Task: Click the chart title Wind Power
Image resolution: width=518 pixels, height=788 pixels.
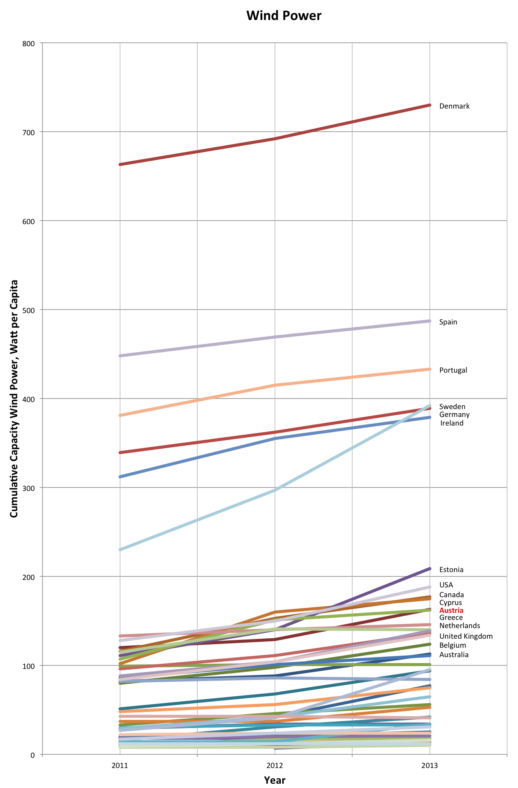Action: click(x=284, y=16)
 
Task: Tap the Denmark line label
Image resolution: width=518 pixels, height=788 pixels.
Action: click(x=454, y=106)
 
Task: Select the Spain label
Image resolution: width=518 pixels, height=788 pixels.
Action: click(x=448, y=322)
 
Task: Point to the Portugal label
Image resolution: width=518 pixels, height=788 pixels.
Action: click(x=453, y=370)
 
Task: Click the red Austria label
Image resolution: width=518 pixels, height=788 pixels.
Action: click(x=451, y=610)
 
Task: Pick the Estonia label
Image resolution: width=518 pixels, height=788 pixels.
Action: click(x=451, y=570)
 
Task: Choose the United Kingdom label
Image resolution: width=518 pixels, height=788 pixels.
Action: click(x=465, y=636)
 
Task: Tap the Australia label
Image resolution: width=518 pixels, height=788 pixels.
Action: click(x=454, y=655)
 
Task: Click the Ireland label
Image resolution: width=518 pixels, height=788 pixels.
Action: click(x=452, y=423)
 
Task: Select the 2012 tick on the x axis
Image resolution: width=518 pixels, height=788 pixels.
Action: click(x=274, y=765)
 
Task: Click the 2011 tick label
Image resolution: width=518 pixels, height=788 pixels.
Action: click(x=120, y=765)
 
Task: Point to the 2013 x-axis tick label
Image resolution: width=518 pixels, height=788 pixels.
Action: click(x=429, y=765)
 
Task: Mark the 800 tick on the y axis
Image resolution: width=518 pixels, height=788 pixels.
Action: click(x=30, y=43)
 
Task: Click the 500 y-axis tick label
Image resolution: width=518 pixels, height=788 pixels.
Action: click(x=30, y=310)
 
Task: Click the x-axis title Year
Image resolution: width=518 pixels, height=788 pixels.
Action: click(x=274, y=780)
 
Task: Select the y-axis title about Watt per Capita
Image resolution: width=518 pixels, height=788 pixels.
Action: click(x=14, y=399)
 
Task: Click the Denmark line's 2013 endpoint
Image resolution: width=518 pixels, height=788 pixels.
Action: click(x=430, y=105)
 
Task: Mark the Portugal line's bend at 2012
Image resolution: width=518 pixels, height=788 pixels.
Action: click(x=275, y=385)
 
